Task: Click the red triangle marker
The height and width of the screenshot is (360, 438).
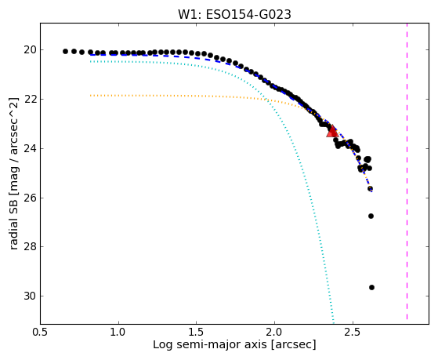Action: pos(332,132)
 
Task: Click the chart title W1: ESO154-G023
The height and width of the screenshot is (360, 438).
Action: pos(234,15)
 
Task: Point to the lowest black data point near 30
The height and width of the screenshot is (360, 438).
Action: pos(371,287)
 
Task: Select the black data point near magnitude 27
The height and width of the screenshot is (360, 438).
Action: pos(371,216)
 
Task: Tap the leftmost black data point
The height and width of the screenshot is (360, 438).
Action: pos(65,51)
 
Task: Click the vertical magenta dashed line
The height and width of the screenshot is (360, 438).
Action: pos(407,171)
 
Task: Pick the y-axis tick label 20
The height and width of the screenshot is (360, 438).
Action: pos(30,50)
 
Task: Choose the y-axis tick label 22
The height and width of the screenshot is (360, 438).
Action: pos(30,100)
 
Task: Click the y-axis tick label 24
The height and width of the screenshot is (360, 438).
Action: pos(30,148)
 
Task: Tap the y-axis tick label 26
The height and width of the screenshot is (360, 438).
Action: pos(30,198)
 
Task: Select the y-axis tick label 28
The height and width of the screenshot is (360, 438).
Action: pos(30,247)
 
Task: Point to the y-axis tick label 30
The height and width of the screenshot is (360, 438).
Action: pos(30,296)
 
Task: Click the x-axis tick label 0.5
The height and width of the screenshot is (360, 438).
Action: pos(41,333)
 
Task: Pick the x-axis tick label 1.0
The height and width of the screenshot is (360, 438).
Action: pos(118,333)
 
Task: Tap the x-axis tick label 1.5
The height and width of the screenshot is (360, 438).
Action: pos(197,333)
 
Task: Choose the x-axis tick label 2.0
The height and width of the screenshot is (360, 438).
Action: pos(274,333)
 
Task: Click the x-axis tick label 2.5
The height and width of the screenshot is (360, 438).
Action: pos(353,333)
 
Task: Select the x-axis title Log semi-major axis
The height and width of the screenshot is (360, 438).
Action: pos(210,345)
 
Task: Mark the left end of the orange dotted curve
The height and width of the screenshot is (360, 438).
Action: pos(90,96)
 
